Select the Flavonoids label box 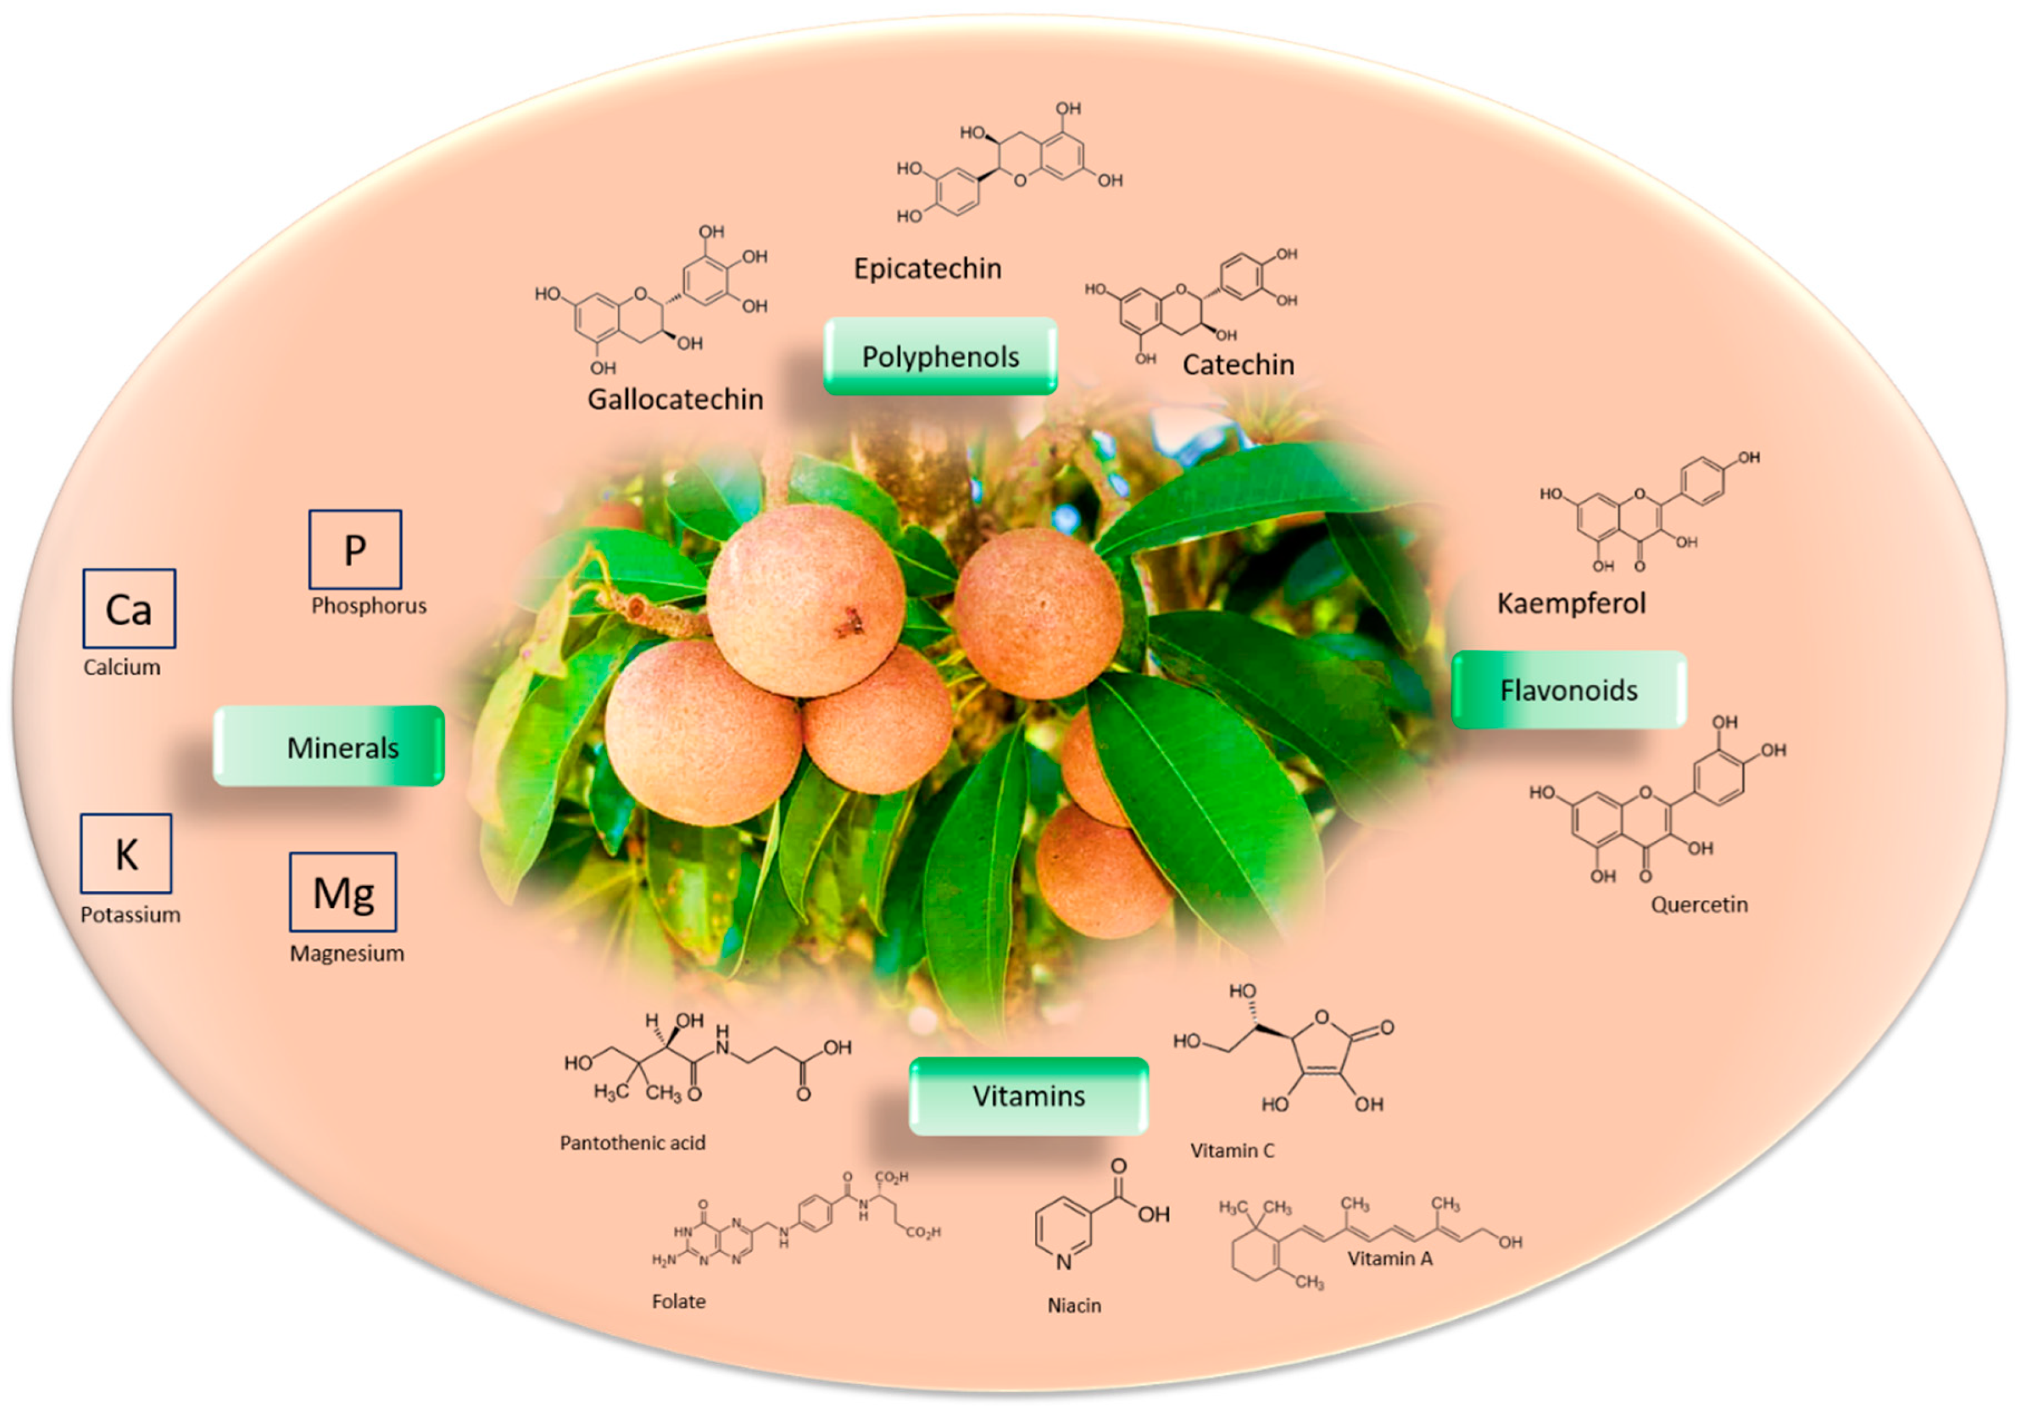[1569, 690]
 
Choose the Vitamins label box [1028, 1096]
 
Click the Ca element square [128, 608]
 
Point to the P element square [355, 549]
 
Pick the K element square [126, 853]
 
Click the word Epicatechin [927, 268]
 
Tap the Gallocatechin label [675, 399]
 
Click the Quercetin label [1699, 905]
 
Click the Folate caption [679, 1301]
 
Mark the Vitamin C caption [1231, 1150]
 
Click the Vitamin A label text [1389, 1259]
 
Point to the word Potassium [130, 914]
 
